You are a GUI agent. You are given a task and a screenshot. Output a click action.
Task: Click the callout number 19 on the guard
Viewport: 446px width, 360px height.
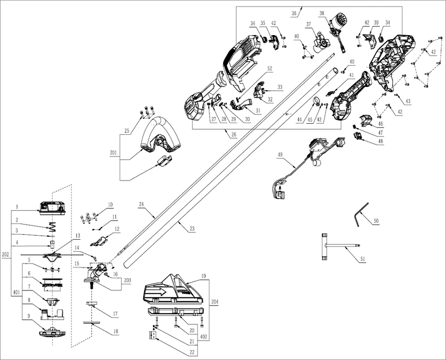[x=204, y=275]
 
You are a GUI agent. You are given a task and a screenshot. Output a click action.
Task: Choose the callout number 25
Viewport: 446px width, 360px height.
[x=127, y=130]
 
